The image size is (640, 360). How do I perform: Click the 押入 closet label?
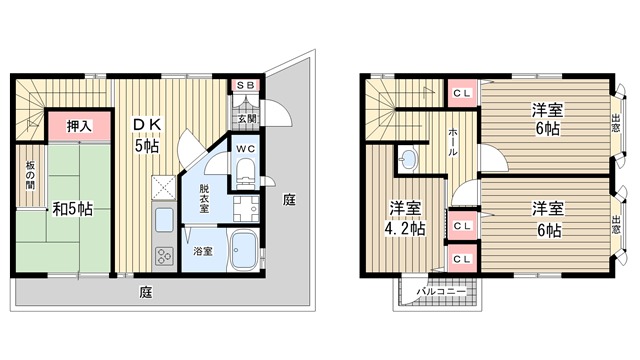[x=79, y=126]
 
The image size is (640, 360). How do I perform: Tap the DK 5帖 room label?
[x=147, y=135]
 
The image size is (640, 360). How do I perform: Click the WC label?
[x=246, y=149]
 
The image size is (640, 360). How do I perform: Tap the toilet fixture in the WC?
[x=245, y=173]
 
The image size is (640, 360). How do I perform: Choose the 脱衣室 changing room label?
[x=204, y=199]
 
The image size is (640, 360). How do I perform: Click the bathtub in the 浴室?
[x=244, y=251]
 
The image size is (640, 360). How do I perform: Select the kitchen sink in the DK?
[x=164, y=220]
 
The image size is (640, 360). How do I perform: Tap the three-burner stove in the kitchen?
[x=164, y=257]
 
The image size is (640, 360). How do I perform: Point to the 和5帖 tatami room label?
[x=73, y=209]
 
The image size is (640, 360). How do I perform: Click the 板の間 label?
[x=30, y=176]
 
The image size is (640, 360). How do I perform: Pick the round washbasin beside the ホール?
[x=407, y=160]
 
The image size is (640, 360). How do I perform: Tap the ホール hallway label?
[x=453, y=142]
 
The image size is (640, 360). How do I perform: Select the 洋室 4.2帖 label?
[x=405, y=218]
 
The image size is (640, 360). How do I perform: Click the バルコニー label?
[x=441, y=292]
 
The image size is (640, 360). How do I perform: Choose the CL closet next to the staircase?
[x=462, y=93]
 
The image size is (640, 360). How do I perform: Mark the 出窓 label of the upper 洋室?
[x=616, y=123]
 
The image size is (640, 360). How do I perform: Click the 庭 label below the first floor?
[x=146, y=292]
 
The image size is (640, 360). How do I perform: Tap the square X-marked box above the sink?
[x=163, y=188]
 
